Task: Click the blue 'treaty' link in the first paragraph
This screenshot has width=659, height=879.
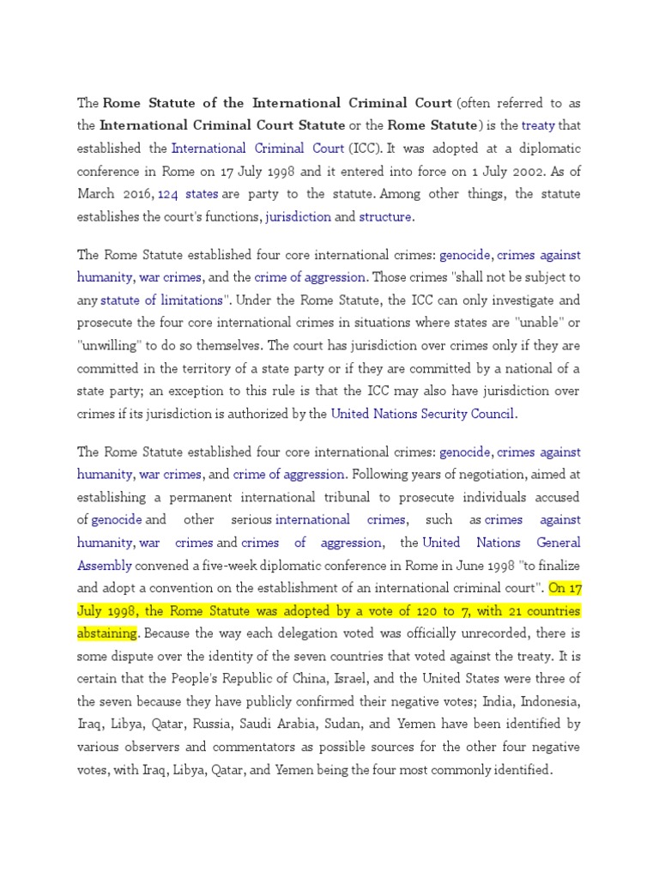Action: point(539,126)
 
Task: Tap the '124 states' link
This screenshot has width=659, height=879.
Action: point(188,194)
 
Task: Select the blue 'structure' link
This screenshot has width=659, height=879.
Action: point(385,217)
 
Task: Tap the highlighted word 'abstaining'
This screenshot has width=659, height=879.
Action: point(107,633)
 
